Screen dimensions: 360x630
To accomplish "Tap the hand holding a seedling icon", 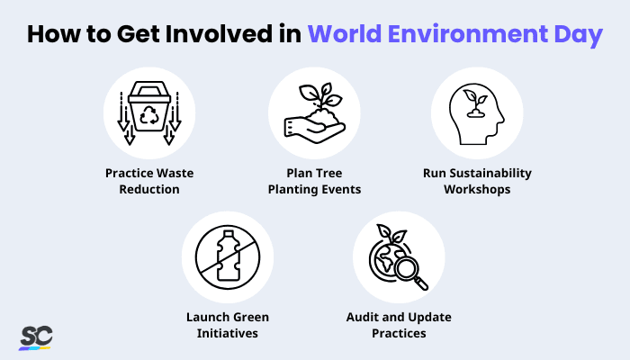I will click(314, 112).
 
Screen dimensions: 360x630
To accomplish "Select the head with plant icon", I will click(477, 112).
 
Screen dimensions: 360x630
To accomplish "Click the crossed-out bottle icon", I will click(228, 257).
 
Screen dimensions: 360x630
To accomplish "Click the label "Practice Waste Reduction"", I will click(149, 181).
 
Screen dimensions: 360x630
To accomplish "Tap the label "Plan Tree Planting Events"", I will click(314, 181).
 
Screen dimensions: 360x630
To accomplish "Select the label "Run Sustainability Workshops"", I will click(478, 181).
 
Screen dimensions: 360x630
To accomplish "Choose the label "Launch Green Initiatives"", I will click(228, 325).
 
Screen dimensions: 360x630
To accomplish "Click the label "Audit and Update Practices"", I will click(399, 325).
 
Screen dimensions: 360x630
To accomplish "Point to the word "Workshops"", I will click(478, 190).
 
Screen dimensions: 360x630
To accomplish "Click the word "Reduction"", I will click(149, 190).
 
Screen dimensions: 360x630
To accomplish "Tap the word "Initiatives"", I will click(228, 334).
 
